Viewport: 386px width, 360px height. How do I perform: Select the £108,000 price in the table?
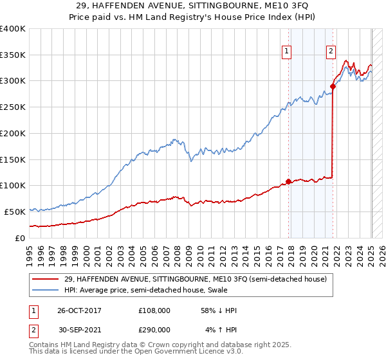pyautogui.click(x=154, y=310)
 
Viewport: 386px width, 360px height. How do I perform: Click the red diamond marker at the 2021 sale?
pyautogui.click(x=333, y=86)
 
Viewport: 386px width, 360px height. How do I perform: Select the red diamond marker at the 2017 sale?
pyautogui.click(x=288, y=181)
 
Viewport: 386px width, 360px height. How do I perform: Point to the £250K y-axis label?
pyautogui.click(x=12, y=107)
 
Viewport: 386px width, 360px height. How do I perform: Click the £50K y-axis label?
pyautogui.click(x=14, y=212)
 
